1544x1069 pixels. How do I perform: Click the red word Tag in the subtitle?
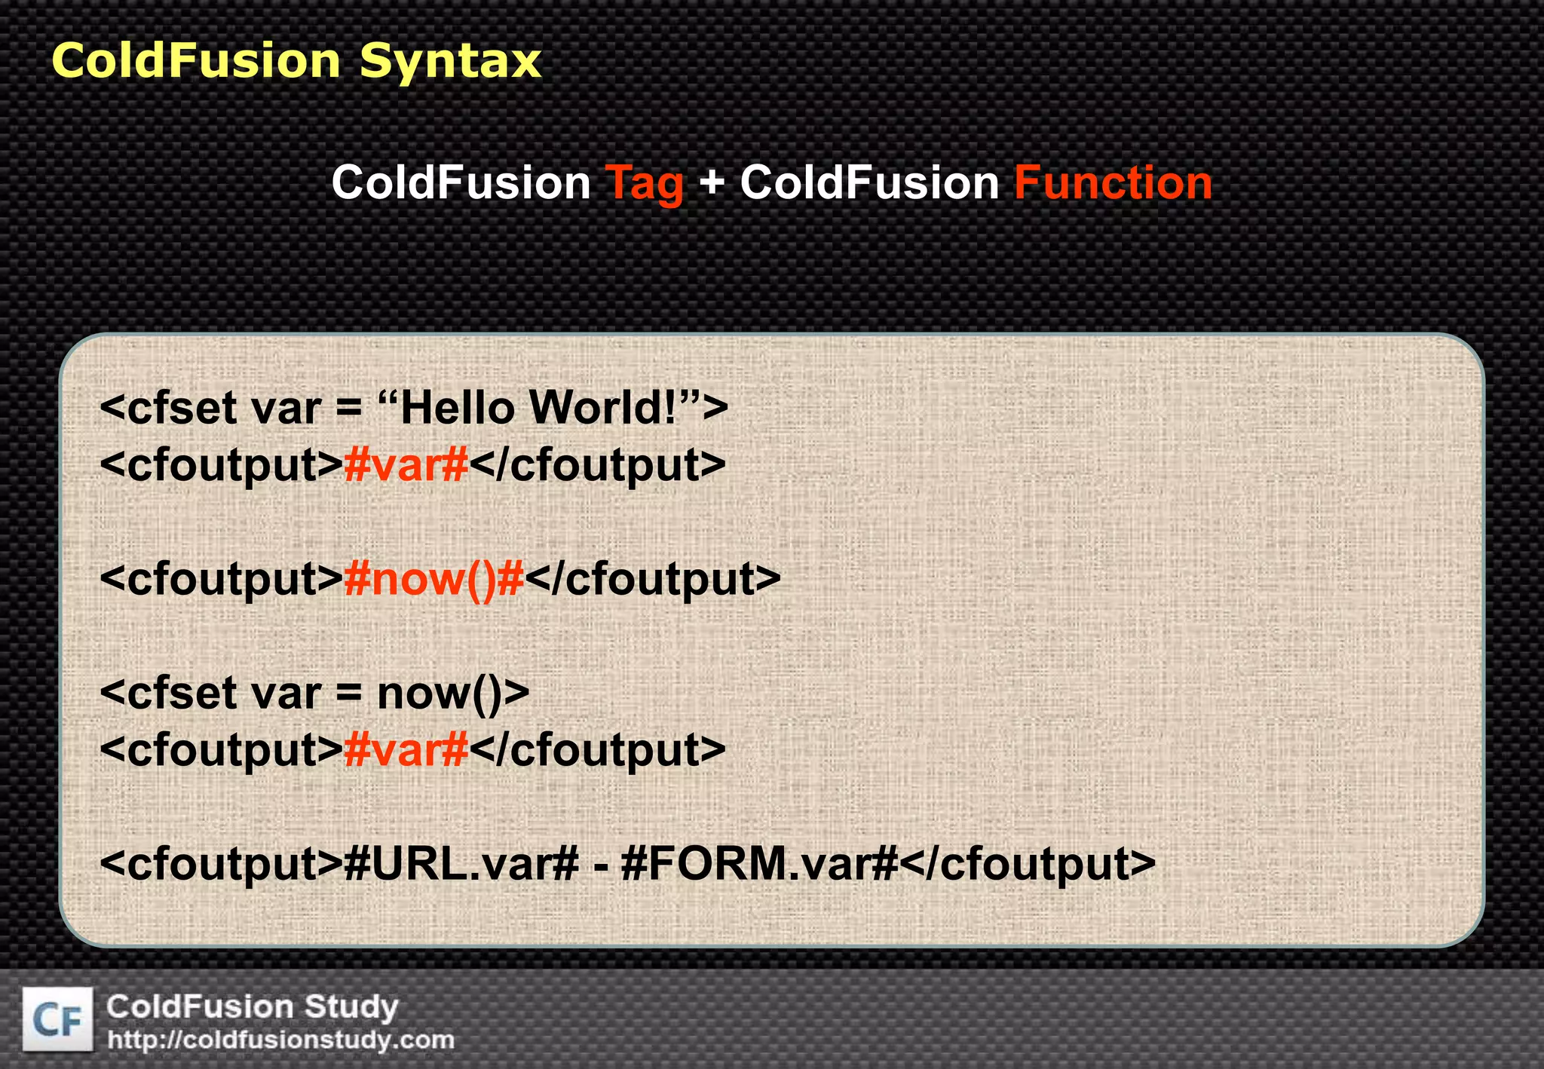(x=645, y=183)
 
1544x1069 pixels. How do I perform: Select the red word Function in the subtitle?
(x=1113, y=183)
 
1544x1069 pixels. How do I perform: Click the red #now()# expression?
(x=433, y=579)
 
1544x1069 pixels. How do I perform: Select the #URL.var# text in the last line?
(x=461, y=864)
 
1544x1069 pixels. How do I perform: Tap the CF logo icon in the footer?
(x=58, y=1020)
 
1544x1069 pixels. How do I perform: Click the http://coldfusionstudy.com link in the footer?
(x=281, y=1040)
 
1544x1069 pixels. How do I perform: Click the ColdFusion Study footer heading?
(x=252, y=1006)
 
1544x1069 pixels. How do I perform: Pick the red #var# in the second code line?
(x=406, y=465)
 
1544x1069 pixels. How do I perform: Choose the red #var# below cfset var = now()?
(x=406, y=750)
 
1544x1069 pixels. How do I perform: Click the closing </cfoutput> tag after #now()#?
(x=653, y=579)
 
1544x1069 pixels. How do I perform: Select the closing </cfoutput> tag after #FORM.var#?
(x=1028, y=864)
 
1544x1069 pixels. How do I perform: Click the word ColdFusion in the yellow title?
(x=196, y=60)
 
